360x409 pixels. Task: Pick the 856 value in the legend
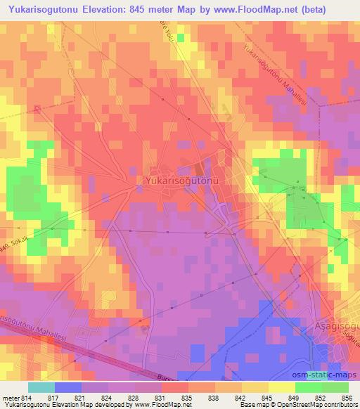(347, 398)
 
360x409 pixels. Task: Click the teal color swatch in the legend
(41, 387)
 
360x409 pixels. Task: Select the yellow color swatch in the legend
(281, 387)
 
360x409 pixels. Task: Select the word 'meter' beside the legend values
(7, 398)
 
